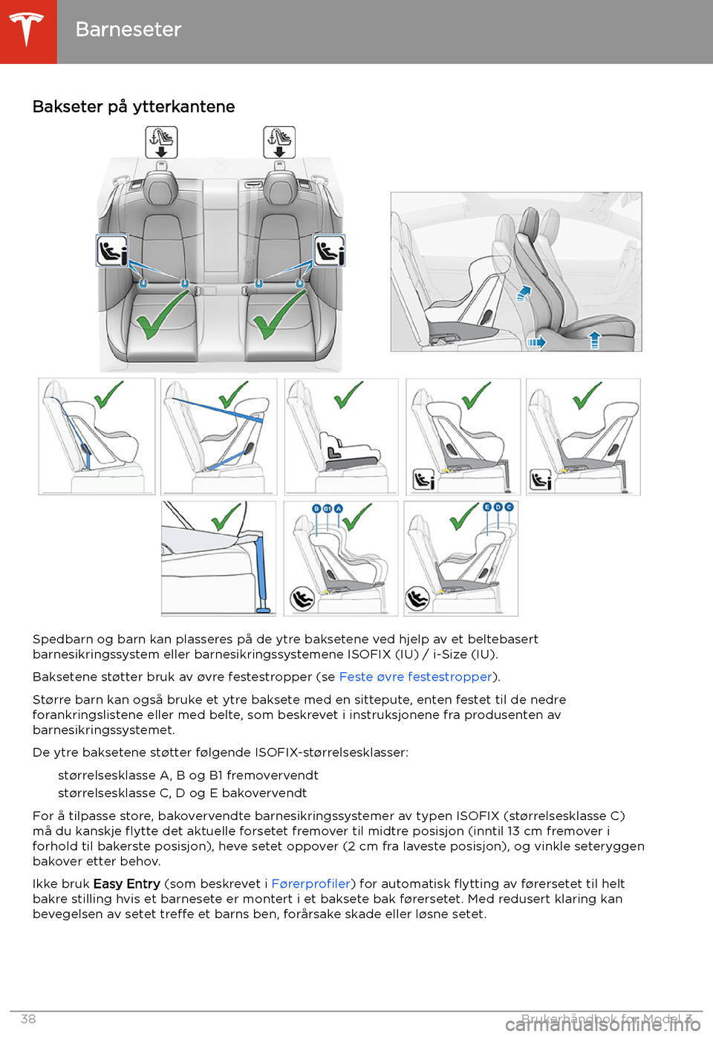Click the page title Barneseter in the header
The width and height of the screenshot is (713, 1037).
tap(128, 30)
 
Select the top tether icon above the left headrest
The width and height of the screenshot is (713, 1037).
tap(161, 142)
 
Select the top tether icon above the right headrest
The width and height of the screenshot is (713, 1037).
tap(279, 142)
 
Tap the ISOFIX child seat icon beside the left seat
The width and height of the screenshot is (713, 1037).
tap(112, 250)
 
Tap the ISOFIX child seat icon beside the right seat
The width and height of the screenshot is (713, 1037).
tap(329, 250)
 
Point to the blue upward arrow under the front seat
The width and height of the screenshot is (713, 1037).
tap(594, 340)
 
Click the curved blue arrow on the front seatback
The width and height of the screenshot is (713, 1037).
tap(524, 292)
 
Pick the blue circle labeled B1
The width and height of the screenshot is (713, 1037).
tap(328, 509)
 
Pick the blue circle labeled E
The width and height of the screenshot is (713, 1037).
tap(487, 507)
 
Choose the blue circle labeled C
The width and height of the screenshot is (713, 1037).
tap(509, 507)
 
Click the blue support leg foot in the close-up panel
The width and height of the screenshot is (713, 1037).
tap(263, 610)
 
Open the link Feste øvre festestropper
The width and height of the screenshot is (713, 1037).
tap(415, 677)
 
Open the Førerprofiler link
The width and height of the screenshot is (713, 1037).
tap(310, 884)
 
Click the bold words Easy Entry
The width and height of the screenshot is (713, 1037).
tap(127, 884)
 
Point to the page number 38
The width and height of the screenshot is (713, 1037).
tap(28, 1019)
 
